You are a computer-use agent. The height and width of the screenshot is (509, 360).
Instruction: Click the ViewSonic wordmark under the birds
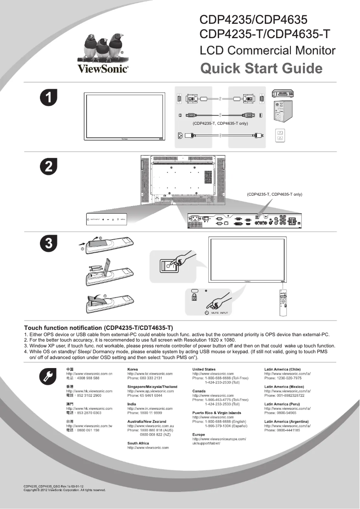click(103, 69)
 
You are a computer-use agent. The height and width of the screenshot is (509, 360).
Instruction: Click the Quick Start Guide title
click(261, 69)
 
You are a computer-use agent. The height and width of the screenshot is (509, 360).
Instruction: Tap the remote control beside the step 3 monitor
click(283, 303)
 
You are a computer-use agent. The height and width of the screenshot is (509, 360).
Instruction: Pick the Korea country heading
click(132, 369)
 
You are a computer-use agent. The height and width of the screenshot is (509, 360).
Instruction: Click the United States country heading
click(204, 369)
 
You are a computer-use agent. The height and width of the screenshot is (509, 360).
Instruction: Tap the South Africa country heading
click(138, 443)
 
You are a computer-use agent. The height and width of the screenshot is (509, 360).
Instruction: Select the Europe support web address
click(219, 441)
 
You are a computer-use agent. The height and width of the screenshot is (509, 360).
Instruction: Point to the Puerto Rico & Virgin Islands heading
click(216, 412)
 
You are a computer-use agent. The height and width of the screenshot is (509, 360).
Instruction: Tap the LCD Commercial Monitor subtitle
click(268, 50)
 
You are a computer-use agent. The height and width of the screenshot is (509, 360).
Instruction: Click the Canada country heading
click(199, 391)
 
